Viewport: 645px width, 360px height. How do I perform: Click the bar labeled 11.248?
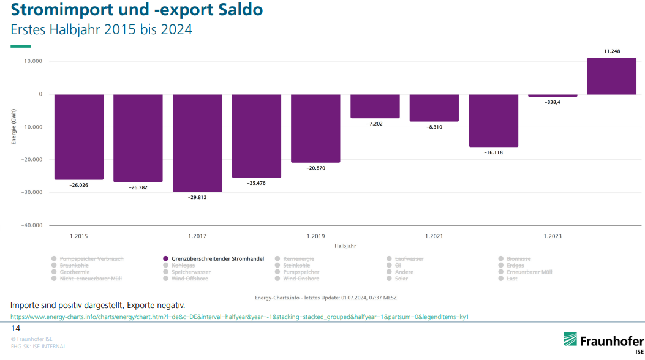click(611, 76)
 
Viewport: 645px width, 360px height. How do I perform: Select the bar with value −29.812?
click(197, 143)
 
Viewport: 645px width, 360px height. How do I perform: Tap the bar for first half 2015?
click(78, 137)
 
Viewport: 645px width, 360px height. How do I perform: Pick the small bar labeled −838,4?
click(553, 96)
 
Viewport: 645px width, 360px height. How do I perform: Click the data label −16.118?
click(493, 152)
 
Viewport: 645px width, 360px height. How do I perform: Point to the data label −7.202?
click(375, 124)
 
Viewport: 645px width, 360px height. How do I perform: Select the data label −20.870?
click(315, 168)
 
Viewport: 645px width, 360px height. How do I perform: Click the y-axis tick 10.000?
click(32, 61)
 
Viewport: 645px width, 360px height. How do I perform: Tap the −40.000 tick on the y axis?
click(31, 225)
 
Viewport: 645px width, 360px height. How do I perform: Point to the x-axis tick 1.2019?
click(315, 236)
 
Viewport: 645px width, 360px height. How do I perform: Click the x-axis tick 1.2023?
click(553, 236)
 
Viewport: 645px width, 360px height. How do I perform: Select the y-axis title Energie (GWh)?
click(13, 127)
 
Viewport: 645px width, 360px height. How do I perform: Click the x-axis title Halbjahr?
click(345, 246)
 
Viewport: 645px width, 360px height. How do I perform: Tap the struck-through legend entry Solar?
click(401, 279)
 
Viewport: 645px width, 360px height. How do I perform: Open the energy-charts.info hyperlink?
click(240, 317)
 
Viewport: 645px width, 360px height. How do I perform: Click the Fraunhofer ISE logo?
click(603, 342)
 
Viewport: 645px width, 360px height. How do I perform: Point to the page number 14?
click(16, 329)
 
